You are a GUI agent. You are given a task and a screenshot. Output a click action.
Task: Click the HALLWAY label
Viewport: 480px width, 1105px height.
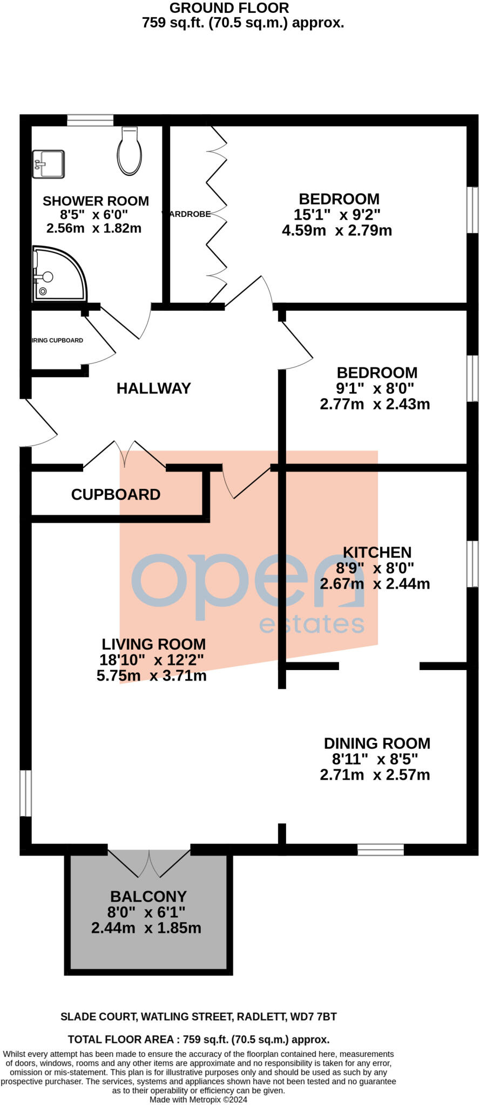click(x=153, y=388)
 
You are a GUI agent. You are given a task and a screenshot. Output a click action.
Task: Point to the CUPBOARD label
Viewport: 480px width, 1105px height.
click(x=116, y=494)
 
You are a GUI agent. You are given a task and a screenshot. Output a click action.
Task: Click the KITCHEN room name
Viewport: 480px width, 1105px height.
click(x=377, y=552)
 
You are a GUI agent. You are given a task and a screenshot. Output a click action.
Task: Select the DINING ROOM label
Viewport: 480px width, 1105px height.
click(x=377, y=743)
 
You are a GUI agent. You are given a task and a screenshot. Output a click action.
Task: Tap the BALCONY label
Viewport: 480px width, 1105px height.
click(x=148, y=896)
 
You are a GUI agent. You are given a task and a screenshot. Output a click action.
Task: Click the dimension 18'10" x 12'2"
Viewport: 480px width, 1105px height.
click(x=151, y=659)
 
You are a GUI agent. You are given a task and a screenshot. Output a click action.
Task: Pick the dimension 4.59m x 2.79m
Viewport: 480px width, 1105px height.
click(x=337, y=230)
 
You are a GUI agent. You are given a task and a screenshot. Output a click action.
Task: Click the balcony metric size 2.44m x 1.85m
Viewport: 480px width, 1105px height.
click(x=146, y=928)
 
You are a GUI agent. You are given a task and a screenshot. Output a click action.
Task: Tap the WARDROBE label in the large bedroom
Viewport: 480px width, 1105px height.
click(x=187, y=214)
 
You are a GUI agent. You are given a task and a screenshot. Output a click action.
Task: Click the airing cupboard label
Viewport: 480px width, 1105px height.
click(x=57, y=340)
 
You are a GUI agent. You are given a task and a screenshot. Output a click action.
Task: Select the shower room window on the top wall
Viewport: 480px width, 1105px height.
click(x=90, y=120)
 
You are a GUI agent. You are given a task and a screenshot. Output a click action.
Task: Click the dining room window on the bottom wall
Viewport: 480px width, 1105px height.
click(x=380, y=850)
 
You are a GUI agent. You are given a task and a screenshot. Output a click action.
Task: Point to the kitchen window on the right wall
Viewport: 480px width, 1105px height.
click(x=472, y=563)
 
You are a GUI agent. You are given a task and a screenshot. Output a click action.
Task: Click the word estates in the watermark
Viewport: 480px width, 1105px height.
click(x=312, y=624)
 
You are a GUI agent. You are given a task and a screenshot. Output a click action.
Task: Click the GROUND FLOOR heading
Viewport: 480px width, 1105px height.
click(x=229, y=8)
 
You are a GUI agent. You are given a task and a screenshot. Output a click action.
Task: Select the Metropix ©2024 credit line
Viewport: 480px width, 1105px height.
click(x=198, y=1099)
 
